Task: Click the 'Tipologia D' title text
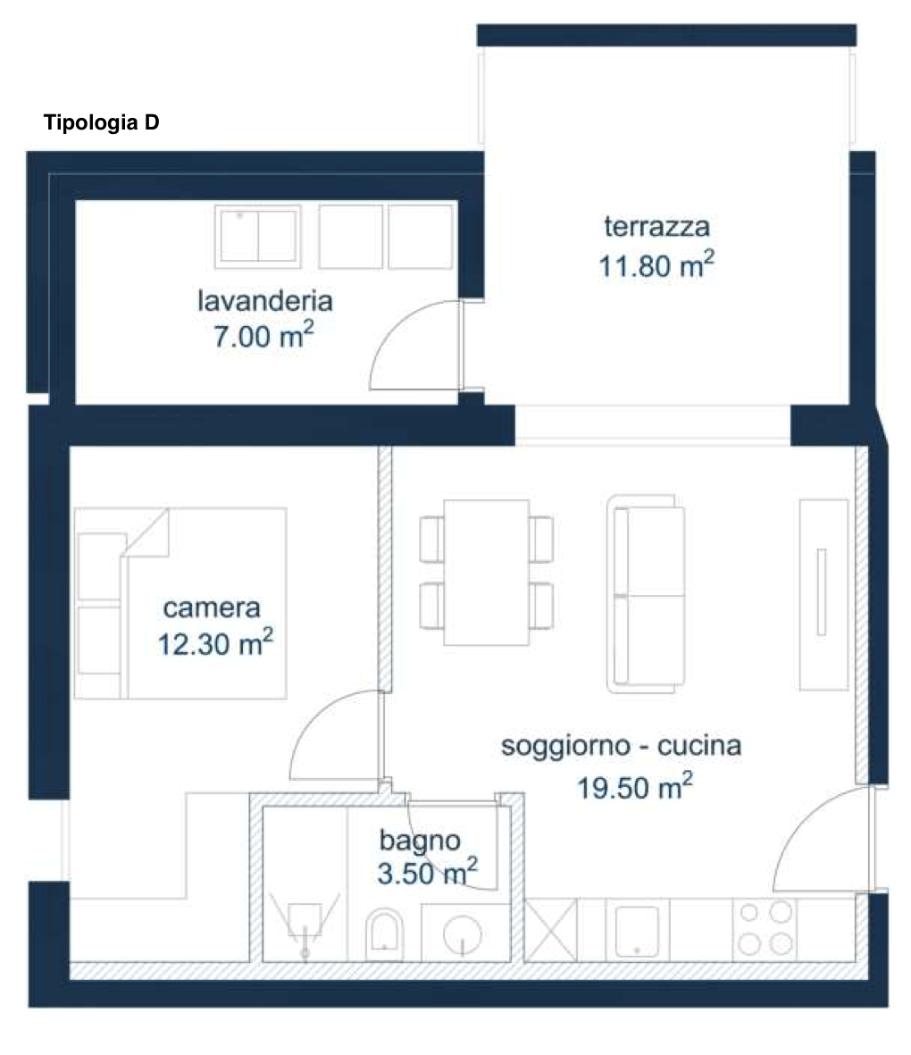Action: point(101,123)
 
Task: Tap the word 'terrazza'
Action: point(656,226)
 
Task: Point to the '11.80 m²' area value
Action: point(656,265)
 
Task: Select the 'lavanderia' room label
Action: point(265,300)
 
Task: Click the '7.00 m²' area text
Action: point(263,336)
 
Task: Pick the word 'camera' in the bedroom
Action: point(212,607)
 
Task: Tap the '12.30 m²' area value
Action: point(215,642)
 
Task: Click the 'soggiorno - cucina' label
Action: point(622,746)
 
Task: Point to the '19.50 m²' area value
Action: point(635,786)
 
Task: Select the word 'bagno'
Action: point(420,841)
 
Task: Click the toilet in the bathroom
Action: point(384,934)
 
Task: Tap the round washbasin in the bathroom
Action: point(463,934)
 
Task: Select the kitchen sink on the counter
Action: point(637,931)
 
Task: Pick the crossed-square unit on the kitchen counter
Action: point(550,931)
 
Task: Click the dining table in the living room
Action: point(486,573)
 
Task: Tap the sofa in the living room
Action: point(646,594)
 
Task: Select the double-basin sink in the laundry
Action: point(258,236)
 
